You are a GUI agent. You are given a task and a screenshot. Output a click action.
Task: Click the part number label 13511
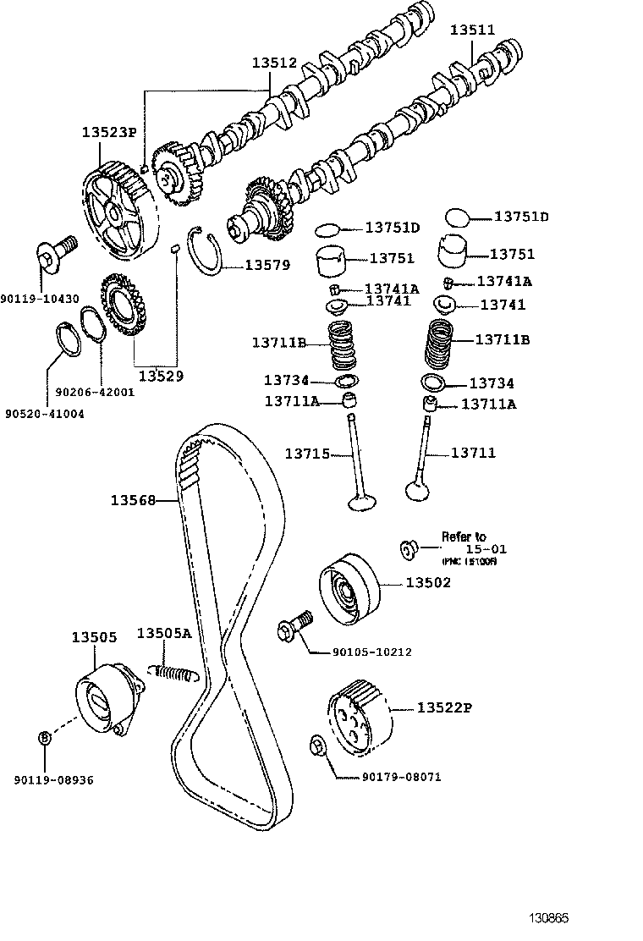472,30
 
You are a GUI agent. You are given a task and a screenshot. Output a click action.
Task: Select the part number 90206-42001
95,392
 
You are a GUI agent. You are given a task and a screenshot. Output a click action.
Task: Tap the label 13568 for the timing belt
133,500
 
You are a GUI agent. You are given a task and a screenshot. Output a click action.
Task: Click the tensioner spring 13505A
174,673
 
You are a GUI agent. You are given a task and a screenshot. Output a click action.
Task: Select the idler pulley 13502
347,590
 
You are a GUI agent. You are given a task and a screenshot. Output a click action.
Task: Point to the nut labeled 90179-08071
318,746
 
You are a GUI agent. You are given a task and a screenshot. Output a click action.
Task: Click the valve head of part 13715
362,504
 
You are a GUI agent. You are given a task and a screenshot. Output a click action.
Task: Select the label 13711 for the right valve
473,454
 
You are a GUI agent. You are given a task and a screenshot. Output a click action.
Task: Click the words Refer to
464,537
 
